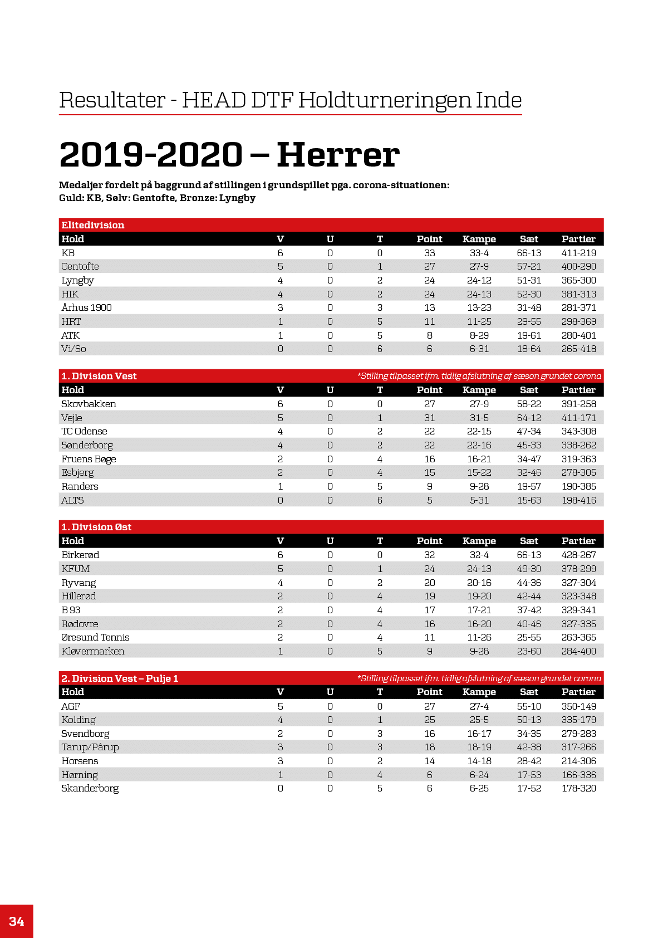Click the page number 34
(x=17, y=921)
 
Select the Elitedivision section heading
(x=93, y=225)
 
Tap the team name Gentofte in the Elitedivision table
(x=80, y=266)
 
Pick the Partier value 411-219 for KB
(x=578, y=253)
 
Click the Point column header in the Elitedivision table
(x=429, y=239)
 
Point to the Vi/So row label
(x=73, y=349)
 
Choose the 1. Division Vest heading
(x=99, y=376)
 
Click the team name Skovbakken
(x=89, y=404)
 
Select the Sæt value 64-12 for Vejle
(x=529, y=418)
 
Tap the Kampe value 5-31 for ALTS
(x=479, y=500)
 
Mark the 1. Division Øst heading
(x=96, y=527)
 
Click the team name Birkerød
(x=80, y=555)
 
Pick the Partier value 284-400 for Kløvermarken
(x=578, y=651)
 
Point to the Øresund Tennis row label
(x=95, y=637)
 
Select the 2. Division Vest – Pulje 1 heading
(x=120, y=678)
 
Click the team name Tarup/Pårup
(x=90, y=747)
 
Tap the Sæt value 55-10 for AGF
(x=529, y=706)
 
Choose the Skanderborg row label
(x=90, y=788)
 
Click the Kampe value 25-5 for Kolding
(x=479, y=720)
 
